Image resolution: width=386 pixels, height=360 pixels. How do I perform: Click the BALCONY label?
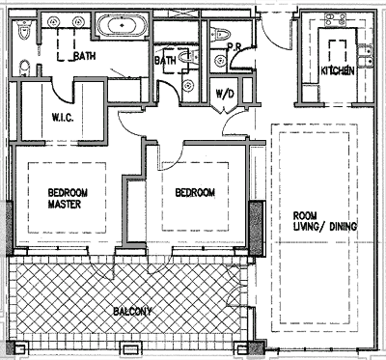coord(132,311)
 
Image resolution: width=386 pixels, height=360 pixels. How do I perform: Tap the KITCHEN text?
coord(338,70)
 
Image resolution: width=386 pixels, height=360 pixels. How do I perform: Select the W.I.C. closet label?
coord(63,118)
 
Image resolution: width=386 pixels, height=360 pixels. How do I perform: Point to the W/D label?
coord(224,94)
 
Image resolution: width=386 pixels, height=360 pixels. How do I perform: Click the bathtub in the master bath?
coord(123,25)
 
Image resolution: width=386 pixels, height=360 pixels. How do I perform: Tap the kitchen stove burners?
coord(335,19)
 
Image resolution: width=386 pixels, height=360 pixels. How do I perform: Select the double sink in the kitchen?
coord(365,56)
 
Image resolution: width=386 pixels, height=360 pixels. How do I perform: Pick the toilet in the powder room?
coord(220,33)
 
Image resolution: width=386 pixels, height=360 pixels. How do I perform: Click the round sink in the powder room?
coord(219,60)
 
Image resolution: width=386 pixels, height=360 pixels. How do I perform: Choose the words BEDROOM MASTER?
coord(68,198)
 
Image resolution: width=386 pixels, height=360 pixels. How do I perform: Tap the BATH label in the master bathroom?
coord(85,56)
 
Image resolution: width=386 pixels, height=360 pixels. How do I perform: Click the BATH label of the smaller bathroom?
coord(165,60)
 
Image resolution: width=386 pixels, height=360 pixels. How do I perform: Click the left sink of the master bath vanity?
coord(53,22)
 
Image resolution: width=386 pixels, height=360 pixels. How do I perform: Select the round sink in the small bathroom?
coord(188,85)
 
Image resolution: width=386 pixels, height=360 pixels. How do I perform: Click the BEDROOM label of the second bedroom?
coord(195,192)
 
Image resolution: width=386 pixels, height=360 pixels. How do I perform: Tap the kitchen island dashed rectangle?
coord(338,51)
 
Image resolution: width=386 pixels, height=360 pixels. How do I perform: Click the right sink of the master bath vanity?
coord(78,22)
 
